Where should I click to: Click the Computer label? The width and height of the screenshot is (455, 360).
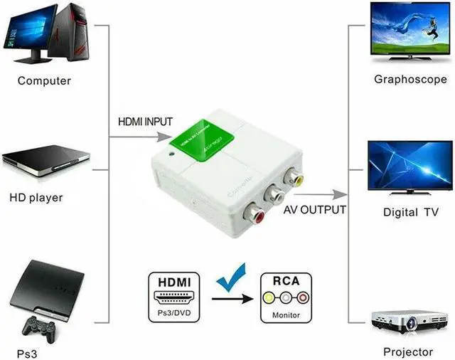click(44, 81)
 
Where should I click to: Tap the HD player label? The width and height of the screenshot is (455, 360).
click(36, 197)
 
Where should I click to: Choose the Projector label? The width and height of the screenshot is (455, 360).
click(407, 351)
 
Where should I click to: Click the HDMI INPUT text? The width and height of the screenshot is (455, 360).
click(145, 122)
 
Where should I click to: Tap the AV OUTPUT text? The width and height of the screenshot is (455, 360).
click(315, 210)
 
